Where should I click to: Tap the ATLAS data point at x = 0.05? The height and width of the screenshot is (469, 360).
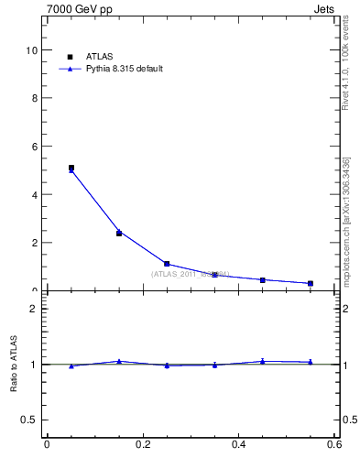coord(71,168)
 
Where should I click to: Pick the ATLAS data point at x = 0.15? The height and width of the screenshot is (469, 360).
coord(119,234)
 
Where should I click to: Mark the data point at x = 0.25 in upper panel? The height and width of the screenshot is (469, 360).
coord(167,264)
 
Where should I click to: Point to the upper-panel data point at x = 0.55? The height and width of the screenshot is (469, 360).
coord(311,283)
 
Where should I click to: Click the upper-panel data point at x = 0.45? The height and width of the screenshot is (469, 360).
coord(263,279)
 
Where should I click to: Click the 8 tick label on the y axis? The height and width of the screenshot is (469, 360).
coord(35,98)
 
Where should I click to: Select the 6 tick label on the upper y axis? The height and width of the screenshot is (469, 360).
coord(35,147)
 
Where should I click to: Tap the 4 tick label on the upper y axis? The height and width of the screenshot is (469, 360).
coord(35,195)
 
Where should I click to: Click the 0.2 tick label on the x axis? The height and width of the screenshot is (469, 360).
coord(143,444)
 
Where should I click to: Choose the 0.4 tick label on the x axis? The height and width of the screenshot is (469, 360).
coord(239,444)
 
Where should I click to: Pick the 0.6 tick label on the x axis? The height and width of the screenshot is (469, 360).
coord(334,444)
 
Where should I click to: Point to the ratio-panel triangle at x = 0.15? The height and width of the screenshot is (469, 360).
coord(119,361)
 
